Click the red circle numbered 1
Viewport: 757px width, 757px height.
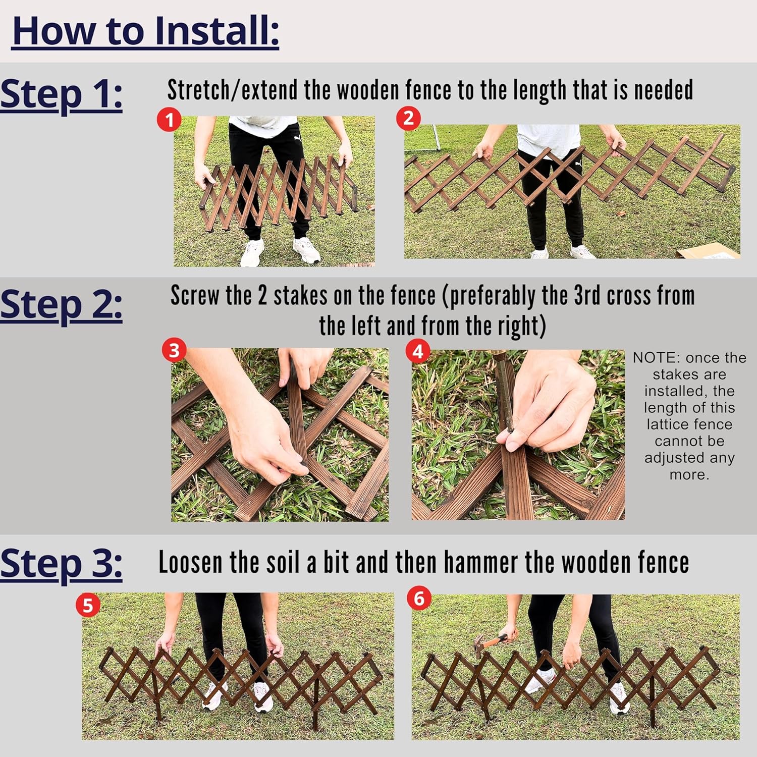tap(169, 120)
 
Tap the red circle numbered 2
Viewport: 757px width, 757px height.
tap(408, 119)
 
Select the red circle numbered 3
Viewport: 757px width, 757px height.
tap(174, 350)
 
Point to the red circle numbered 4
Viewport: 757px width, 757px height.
tap(418, 351)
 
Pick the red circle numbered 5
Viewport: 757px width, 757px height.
tap(88, 605)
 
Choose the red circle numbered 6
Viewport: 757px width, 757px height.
tap(419, 599)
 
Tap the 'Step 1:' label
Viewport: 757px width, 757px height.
tap(61, 94)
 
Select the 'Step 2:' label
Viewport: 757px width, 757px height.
tap(61, 305)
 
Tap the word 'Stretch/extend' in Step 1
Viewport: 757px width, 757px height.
tap(232, 90)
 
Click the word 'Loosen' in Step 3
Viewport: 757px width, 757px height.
tap(190, 563)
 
